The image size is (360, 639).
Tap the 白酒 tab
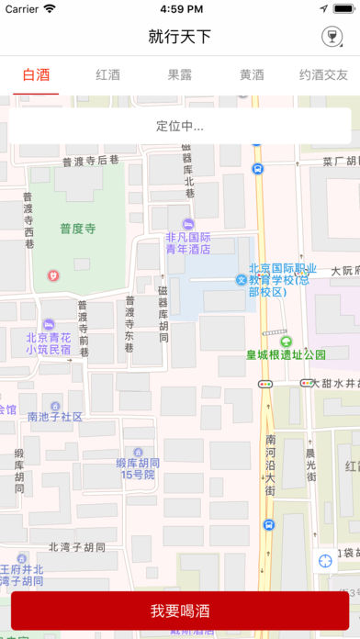[36, 75]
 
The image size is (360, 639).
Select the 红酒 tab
[108, 75]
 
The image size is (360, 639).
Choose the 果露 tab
[180, 75]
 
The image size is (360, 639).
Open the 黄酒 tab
[252, 75]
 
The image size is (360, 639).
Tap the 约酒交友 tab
[324, 75]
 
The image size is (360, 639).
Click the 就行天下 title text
[180, 37]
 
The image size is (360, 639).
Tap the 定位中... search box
[180, 126]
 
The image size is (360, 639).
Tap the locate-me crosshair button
[326, 560]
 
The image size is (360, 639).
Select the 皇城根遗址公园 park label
[286, 354]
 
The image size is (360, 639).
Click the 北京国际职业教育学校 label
[282, 280]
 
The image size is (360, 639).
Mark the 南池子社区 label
[55, 416]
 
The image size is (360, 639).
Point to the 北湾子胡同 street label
[77, 547]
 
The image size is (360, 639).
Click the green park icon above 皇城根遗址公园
[285, 341]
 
